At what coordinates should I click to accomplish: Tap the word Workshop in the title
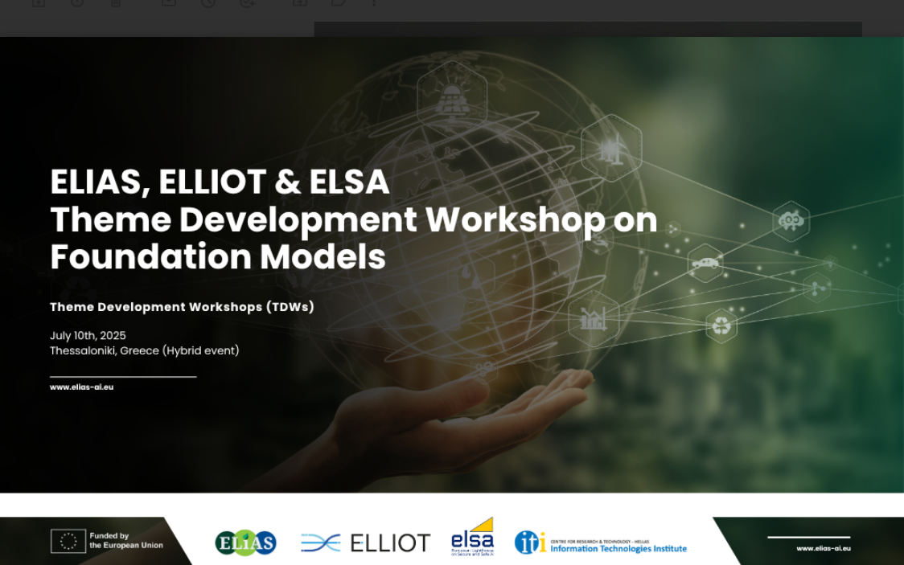[x=516, y=219]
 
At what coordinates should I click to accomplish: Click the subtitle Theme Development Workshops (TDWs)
[x=182, y=307]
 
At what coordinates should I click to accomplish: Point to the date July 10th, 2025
[x=88, y=336]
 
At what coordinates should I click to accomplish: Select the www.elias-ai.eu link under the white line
[x=81, y=387]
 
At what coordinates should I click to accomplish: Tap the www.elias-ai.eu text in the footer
[x=823, y=548]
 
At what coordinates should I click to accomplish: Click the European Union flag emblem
[x=68, y=541]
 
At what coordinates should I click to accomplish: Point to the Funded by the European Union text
[x=126, y=541]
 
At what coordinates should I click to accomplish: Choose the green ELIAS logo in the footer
[x=245, y=542]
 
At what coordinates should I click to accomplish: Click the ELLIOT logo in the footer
[x=366, y=542]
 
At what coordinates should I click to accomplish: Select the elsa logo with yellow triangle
[x=472, y=538]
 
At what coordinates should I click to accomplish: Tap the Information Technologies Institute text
[x=618, y=549]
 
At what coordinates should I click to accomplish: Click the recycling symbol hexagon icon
[x=721, y=325]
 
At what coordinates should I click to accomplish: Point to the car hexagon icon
[x=705, y=263]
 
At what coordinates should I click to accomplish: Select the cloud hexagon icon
[x=791, y=220]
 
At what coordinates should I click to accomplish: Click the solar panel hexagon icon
[x=452, y=96]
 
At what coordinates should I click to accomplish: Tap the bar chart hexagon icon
[x=594, y=318]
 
